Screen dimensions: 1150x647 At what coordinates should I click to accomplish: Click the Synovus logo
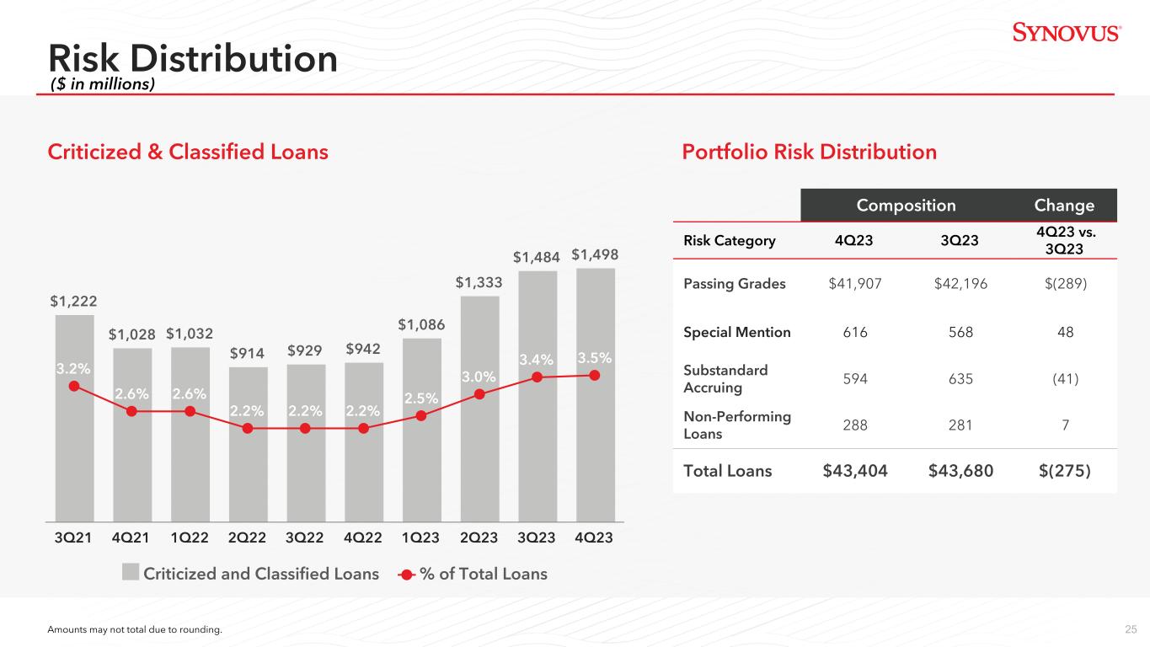pos(1067,33)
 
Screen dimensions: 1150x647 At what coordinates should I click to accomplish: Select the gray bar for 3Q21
pos(74,418)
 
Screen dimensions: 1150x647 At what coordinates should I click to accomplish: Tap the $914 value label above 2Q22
pos(247,353)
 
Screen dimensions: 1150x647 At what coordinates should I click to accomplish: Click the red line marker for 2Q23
pos(479,394)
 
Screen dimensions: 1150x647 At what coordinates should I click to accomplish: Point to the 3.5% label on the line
pos(595,358)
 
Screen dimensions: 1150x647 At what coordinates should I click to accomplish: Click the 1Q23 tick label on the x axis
pos(420,537)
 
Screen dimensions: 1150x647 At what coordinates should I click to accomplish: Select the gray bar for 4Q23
pos(596,395)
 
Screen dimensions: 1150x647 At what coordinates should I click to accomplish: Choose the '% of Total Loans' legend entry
pos(473,574)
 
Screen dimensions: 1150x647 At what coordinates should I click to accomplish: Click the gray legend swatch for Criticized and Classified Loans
pos(131,572)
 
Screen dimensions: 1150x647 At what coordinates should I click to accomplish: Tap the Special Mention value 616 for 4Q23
pos(855,332)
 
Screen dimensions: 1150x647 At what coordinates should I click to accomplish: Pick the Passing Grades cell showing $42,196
pos(960,283)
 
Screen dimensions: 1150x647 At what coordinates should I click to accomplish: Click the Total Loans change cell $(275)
pos(1065,471)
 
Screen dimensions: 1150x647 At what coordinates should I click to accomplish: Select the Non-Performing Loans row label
pos(737,425)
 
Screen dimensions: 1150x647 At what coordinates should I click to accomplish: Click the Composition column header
pos(907,206)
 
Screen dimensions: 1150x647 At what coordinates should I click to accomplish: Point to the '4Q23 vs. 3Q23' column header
pos(1065,240)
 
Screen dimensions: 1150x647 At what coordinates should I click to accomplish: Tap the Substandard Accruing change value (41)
pos(1065,379)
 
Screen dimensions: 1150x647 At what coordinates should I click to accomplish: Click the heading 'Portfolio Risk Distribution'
pos(809,152)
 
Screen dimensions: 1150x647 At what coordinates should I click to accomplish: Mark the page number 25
pos(1131,629)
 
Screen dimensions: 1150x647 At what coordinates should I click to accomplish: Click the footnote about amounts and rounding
pos(135,629)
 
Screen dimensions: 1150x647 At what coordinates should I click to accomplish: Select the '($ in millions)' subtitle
pos(103,83)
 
